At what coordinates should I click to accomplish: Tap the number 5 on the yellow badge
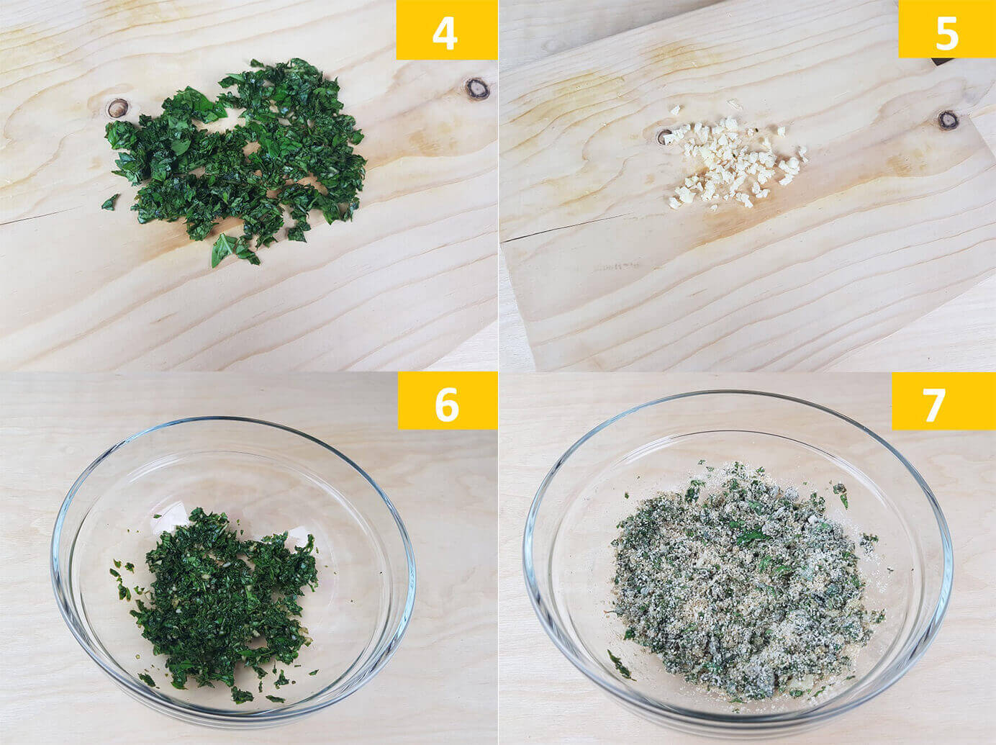click(946, 32)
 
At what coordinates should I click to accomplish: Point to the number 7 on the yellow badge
click(934, 405)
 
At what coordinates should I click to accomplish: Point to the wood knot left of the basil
click(118, 108)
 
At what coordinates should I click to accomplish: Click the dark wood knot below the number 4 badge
click(477, 89)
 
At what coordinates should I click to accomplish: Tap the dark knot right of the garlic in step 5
click(949, 120)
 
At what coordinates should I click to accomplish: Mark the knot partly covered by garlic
click(665, 136)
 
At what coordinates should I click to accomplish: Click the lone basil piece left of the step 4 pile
click(110, 202)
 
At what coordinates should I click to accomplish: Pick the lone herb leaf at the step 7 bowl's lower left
click(619, 665)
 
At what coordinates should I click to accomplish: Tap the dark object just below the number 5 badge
click(938, 62)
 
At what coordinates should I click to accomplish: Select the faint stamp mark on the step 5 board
click(617, 268)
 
